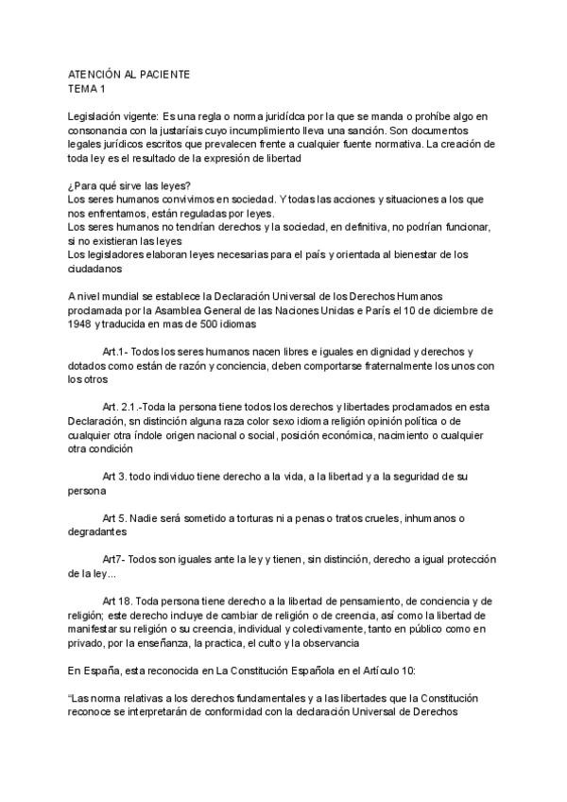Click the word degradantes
98,532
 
